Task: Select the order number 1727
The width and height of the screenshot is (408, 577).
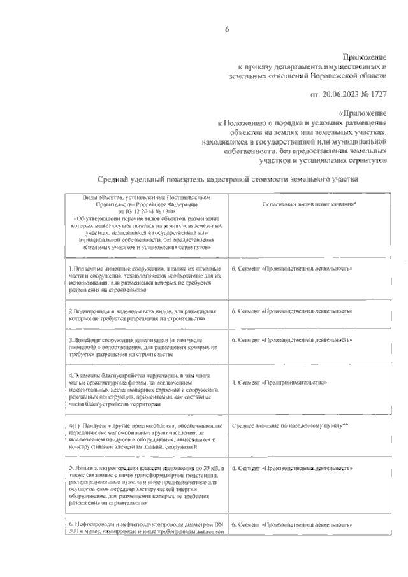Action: (x=377, y=94)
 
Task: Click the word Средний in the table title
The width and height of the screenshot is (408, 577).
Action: (x=117, y=180)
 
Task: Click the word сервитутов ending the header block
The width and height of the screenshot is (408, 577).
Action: (x=367, y=161)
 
